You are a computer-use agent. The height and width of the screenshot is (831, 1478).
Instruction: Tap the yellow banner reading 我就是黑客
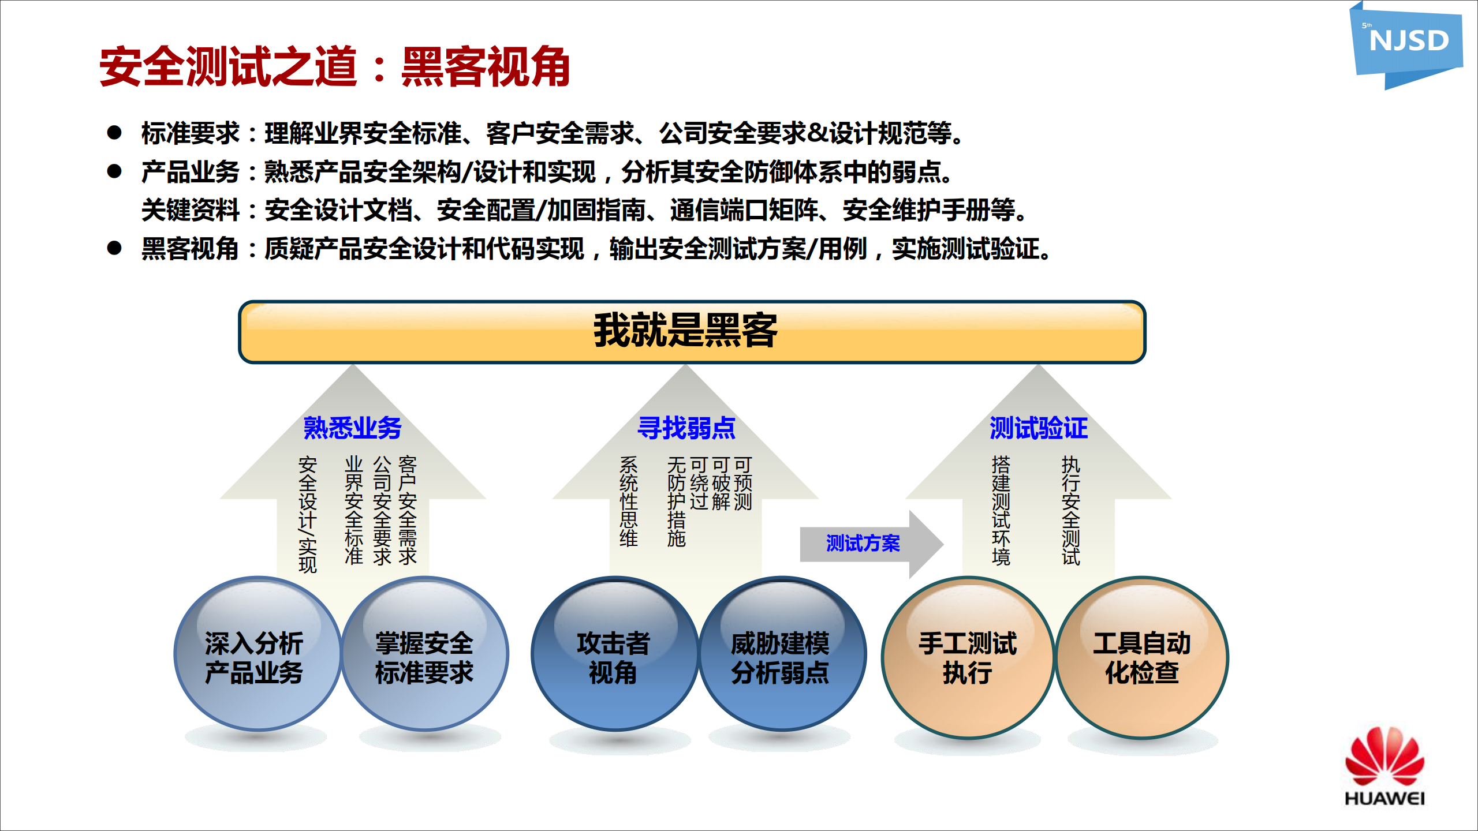pos(691,332)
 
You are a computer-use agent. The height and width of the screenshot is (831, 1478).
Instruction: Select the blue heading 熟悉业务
pos(352,428)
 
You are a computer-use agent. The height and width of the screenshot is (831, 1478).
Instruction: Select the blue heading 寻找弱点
pos(686,428)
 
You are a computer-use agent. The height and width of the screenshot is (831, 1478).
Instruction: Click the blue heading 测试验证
pos(1038,428)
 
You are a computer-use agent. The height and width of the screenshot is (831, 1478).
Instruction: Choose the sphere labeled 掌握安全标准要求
pos(425,655)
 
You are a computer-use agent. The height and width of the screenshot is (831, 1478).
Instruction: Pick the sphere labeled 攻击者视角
pos(613,655)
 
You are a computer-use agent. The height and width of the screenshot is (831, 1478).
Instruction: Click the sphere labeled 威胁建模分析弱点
pos(781,655)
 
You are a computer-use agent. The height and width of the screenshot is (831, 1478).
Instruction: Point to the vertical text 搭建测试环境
pos(1001,510)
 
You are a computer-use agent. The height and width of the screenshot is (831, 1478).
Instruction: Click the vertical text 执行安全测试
pos(1070,510)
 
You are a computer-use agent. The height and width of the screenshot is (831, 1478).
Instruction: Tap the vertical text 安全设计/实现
pos(307,514)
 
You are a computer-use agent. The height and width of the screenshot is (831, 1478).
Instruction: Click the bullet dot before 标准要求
pos(114,133)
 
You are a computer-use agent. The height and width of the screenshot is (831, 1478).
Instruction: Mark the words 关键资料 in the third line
pos(190,210)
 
